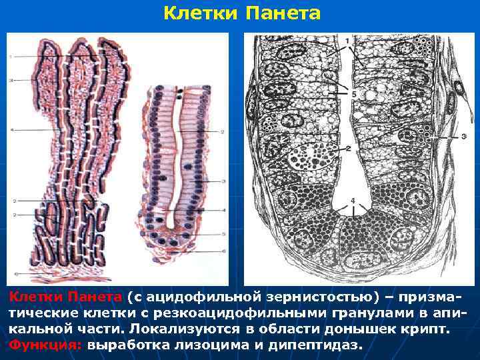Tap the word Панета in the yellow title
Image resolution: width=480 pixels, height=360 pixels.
click(x=283, y=13)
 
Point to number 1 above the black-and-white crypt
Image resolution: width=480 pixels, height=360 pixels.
click(x=347, y=41)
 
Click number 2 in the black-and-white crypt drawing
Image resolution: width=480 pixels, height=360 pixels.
click(x=348, y=148)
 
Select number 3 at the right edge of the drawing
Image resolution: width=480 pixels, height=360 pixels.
click(x=463, y=137)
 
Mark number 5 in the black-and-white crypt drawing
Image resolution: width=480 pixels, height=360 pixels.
click(x=353, y=95)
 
